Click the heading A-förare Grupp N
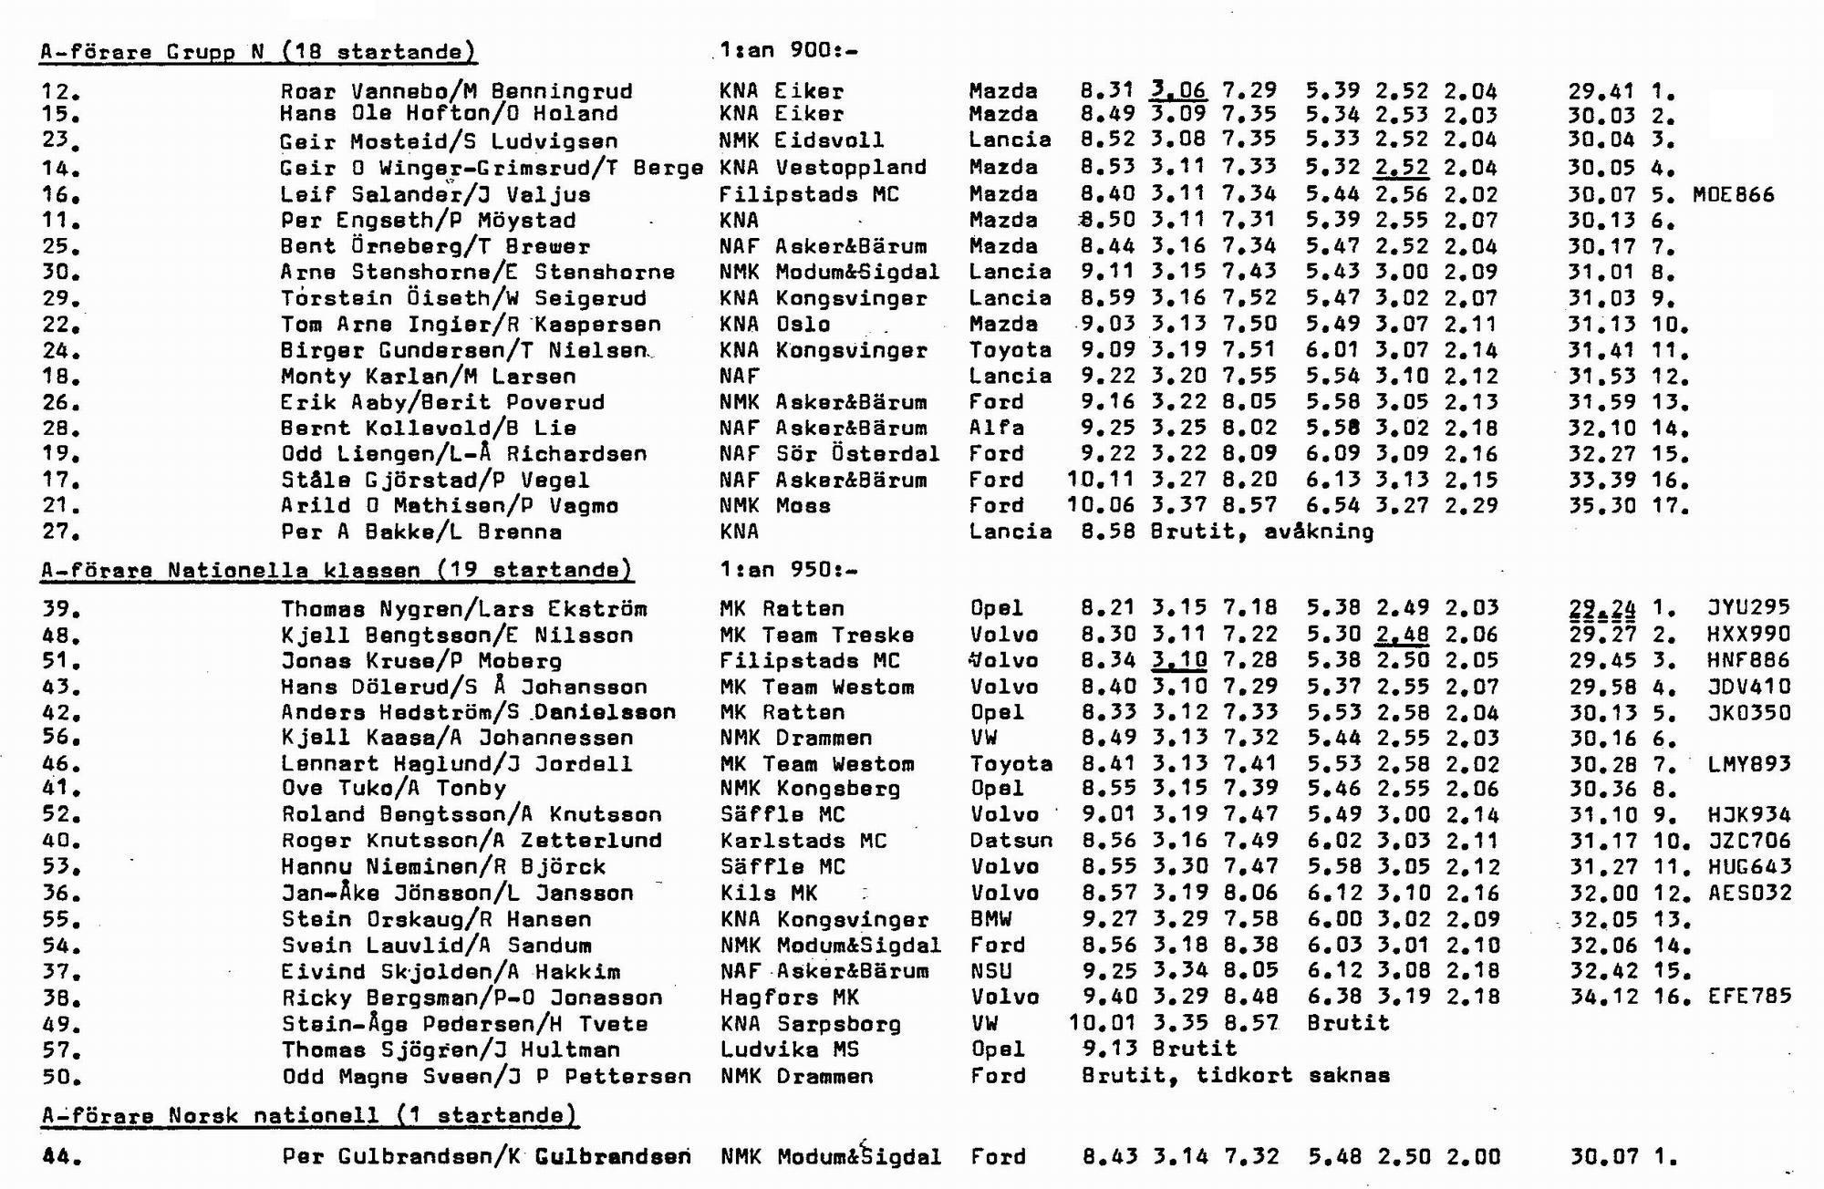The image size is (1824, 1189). click(x=258, y=52)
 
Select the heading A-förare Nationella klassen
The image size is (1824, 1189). click(x=337, y=571)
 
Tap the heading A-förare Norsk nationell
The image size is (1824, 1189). click(x=310, y=1115)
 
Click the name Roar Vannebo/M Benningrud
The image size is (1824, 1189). click(x=456, y=91)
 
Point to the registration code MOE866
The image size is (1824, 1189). click(x=1733, y=194)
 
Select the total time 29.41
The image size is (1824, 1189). click(x=1601, y=91)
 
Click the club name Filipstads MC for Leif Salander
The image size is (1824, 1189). click(x=809, y=194)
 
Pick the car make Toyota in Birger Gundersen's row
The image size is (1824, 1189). click(x=1010, y=350)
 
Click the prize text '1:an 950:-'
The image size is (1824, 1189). click(x=788, y=571)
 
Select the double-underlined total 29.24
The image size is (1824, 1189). click(x=1601, y=609)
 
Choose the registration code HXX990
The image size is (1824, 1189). click(x=1749, y=635)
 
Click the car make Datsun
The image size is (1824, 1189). click(x=1010, y=841)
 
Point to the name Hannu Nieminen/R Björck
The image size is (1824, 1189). click(x=443, y=866)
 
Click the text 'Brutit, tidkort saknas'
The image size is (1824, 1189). click(x=1236, y=1076)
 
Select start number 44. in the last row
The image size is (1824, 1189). click(x=62, y=1157)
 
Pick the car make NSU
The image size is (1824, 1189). click(x=991, y=972)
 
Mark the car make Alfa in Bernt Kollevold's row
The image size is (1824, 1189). click(x=997, y=428)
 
